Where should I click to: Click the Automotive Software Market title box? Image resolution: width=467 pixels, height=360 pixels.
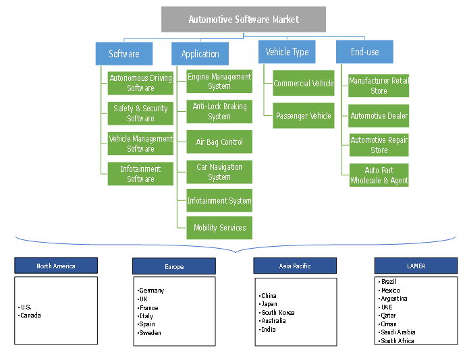[x=244, y=20]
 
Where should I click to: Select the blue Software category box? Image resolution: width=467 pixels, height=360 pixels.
[x=124, y=53]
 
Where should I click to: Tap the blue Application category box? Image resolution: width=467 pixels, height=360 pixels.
[x=200, y=54]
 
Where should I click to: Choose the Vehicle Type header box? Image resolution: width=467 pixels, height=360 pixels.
[x=287, y=52]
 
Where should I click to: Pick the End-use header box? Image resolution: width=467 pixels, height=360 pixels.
[x=364, y=52]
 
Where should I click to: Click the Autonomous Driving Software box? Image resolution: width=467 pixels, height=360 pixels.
[x=141, y=83]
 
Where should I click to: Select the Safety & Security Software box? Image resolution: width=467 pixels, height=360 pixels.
[x=141, y=113]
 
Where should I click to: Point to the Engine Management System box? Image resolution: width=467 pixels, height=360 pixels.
[x=219, y=82]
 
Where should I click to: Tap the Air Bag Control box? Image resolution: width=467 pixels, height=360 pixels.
[x=219, y=142]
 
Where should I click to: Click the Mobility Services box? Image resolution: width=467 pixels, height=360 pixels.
[x=219, y=228]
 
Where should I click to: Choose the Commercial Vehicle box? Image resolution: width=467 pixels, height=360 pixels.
[x=303, y=84]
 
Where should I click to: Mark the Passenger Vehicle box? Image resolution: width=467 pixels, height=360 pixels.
[x=303, y=115]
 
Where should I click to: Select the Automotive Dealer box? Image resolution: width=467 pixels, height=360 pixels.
[x=379, y=116]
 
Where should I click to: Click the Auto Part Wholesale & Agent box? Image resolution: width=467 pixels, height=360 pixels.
[x=379, y=175]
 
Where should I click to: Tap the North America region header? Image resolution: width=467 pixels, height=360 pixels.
[x=56, y=266]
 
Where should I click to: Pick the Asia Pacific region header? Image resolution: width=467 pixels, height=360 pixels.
[x=295, y=266]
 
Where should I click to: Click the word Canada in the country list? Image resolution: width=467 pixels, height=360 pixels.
[x=31, y=316]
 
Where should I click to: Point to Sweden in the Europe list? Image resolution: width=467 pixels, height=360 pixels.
[x=150, y=333]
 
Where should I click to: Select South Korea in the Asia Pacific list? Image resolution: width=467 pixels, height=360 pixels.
[x=278, y=313]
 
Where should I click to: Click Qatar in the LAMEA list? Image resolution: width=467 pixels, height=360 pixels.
[x=388, y=316]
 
